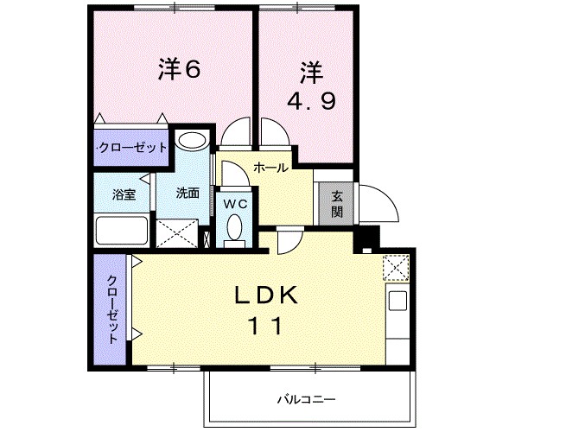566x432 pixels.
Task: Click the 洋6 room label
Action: (x=180, y=70)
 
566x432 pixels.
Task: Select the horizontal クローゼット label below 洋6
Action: (x=132, y=148)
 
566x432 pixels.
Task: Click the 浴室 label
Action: (x=124, y=194)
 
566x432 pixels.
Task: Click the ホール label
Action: (x=270, y=168)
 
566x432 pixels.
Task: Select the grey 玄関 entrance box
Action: (x=336, y=204)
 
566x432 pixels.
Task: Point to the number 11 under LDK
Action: (x=266, y=327)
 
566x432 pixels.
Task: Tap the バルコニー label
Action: (x=306, y=399)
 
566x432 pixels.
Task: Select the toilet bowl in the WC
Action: (x=235, y=228)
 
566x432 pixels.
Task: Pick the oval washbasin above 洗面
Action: (x=192, y=141)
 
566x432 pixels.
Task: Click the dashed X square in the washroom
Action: (x=178, y=232)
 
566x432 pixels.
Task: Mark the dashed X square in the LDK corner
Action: (x=396, y=269)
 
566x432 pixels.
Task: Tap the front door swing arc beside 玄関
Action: (x=378, y=206)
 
